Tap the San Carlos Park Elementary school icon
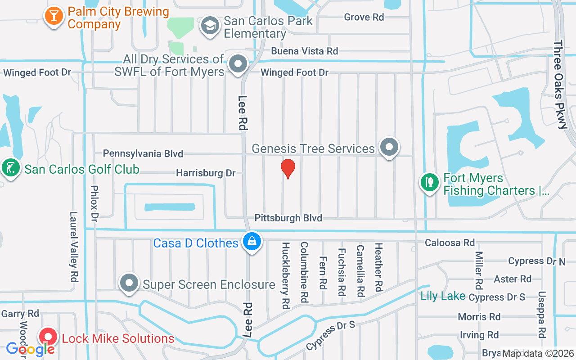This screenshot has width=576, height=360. (209, 26)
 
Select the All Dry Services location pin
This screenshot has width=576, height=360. (238, 64)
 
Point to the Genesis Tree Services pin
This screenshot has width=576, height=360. (389, 147)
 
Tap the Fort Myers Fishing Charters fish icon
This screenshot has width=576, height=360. (429, 183)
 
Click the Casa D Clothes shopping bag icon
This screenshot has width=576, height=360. (252, 242)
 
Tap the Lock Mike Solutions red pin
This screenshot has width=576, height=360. (48, 337)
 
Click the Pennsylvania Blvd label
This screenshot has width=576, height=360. (143, 153)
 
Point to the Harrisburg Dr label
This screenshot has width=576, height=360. (206, 173)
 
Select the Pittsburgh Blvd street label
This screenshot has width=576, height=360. (288, 218)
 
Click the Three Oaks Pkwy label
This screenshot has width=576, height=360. (561, 85)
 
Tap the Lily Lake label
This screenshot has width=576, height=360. (443, 296)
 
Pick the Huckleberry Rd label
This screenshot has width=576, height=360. (285, 275)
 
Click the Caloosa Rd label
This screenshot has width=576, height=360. (450, 243)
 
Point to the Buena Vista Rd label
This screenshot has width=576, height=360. (304, 51)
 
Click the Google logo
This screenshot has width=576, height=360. (30, 349)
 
